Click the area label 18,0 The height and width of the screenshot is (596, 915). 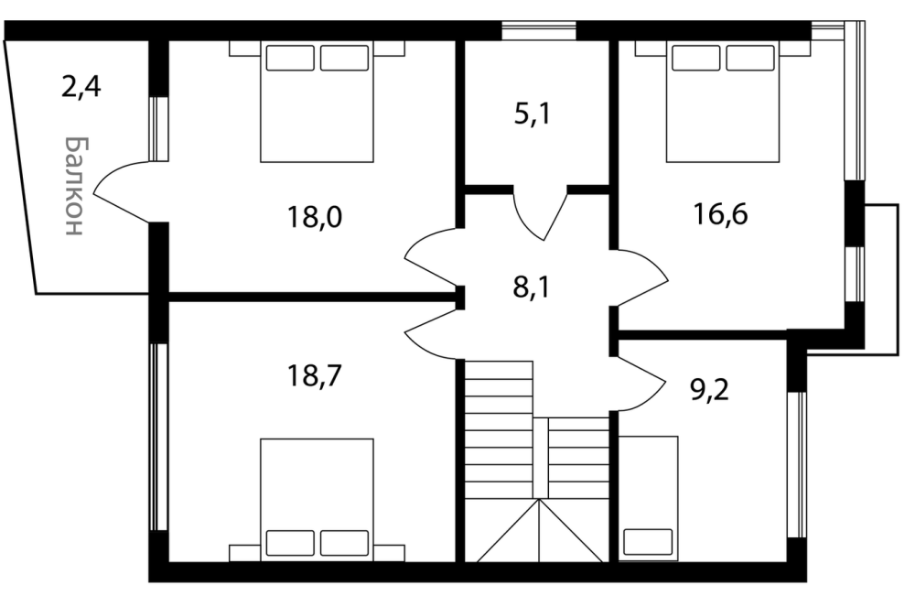(315, 217)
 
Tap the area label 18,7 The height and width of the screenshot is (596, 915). (315, 375)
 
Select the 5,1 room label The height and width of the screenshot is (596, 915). (533, 114)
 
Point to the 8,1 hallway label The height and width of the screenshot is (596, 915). (531, 287)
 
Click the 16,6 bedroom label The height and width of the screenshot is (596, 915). (720, 213)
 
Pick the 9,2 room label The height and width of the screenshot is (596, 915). (710, 390)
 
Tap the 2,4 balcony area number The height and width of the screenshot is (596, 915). (81, 88)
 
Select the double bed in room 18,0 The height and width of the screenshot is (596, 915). (317, 102)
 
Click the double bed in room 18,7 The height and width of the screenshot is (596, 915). (317, 500)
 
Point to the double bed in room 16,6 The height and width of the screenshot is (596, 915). (723, 102)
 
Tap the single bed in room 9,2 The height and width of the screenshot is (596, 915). (648, 499)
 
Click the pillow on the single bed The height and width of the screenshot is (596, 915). (648, 542)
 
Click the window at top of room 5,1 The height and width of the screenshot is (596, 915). (539, 30)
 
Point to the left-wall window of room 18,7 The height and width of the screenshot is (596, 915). (158, 438)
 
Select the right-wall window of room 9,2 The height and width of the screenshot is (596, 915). (797, 465)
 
